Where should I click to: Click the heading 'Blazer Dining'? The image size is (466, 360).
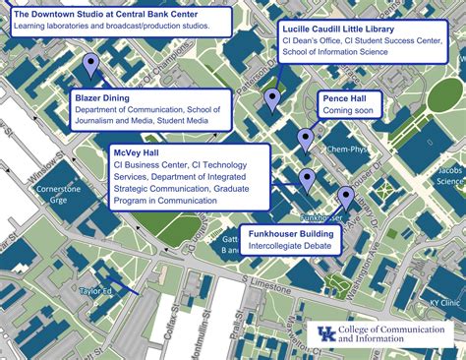click(102, 97)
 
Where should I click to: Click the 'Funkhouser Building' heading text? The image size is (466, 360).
click(291, 233)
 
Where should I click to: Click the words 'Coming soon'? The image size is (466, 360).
click(348, 111)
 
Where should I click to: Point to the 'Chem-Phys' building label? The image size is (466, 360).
click(346, 150)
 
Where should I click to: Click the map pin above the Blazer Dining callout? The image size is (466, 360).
click(91, 66)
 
